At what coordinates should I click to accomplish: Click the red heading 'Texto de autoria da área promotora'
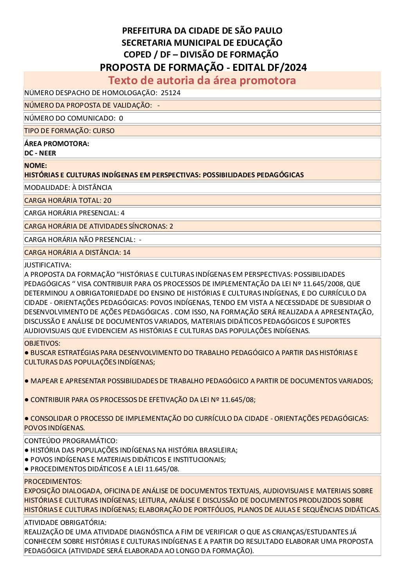pyautogui.click(x=202, y=80)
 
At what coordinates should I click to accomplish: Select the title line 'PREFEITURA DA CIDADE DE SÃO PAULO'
pyautogui.click(x=202, y=31)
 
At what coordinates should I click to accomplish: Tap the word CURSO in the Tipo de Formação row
pyautogui.click(x=104, y=131)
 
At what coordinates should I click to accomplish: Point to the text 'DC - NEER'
pyautogui.click(x=40, y=153)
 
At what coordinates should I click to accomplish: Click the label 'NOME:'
pyautogui.click(x=36, y=166)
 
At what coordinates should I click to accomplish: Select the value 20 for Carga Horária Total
pyautogui.click(x=107, y=200)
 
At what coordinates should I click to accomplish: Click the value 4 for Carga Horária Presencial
pyautogui.click(x=123, y=213)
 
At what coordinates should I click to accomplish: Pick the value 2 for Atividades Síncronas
pyautogui.click(x=171, y=226)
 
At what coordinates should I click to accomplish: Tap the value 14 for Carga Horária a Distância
pyautogui.click(x=126, y=252)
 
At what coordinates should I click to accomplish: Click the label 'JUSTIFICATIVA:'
pyautogui.click(x=48, y=265)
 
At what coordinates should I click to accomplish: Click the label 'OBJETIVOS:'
pyautogui.click(x=42, y=343)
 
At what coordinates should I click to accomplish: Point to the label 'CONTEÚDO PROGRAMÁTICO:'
pyautogui.click(x=71, y=441)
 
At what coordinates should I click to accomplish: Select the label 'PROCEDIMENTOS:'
pyautogui.click(x=53, y=481)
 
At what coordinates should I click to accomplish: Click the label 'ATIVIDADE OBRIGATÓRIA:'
pyautogui.click(x=65, y=523)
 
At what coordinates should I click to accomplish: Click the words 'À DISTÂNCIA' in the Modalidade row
pyautogui.click(x=92, y=188)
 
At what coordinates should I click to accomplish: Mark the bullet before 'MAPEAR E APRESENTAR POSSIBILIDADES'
pyautogui.click(x=27, y=381)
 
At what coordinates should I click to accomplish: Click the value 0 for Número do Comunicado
pyautogui.click(x=121, y=118)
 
